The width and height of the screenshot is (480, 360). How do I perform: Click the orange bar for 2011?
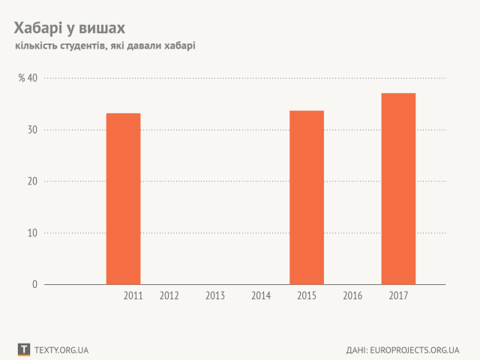(123, 199)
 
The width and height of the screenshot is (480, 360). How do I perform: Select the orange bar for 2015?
(307, 197)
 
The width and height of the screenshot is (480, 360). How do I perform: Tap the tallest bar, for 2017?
(398, 188)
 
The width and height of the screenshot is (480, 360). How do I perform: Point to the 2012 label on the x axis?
(169, 296)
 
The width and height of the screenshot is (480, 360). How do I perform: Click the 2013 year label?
(215, 296)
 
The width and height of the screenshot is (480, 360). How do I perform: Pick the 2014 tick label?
(261, 296)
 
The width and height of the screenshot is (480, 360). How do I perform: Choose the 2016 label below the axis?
(352, 296)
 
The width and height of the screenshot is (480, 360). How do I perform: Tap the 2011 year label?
(133, 296)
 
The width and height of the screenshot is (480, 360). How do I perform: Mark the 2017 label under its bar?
(398, 296)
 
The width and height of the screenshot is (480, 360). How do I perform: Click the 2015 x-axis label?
(307, 296)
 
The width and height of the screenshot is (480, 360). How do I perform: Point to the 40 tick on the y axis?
(32, 78)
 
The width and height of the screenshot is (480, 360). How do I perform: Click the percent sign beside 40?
(22, 78)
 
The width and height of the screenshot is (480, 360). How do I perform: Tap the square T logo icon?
(24, 349)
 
